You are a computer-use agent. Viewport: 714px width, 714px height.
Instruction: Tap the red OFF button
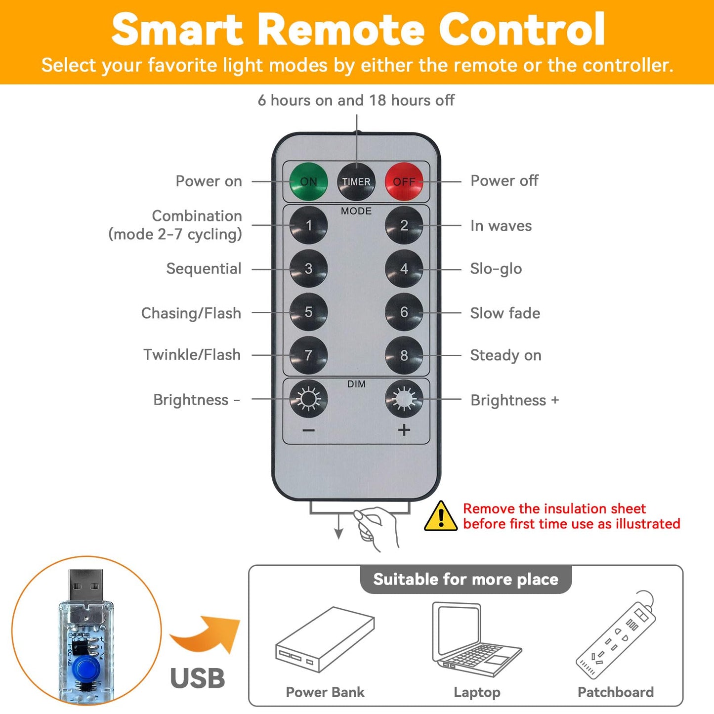[404, 181]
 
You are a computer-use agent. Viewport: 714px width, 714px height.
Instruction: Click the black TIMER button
[356, 181]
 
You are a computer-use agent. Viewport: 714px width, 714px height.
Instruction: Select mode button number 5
[308, 312]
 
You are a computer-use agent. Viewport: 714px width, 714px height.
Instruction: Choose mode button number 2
[404, 225]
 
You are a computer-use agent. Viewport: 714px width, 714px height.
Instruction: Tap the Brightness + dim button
[404, 399]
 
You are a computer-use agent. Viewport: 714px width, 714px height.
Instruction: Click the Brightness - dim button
[308, 399]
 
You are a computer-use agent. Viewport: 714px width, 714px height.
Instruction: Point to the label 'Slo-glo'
[496, 269]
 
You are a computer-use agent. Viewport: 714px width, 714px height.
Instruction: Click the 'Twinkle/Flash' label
[192, 355]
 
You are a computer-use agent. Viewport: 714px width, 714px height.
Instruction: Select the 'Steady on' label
[506, 355]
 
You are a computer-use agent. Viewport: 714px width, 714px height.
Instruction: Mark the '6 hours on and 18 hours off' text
[356, 100]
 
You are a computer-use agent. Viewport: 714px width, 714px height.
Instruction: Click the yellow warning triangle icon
[441, 516]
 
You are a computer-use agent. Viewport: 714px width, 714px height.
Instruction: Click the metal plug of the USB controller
[85, 587]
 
